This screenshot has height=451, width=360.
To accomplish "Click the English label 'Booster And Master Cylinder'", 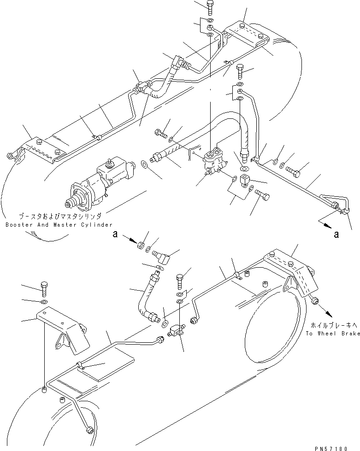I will pyautogui.click(x=59, y=224).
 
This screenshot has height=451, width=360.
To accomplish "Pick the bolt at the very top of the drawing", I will pyautogui.click(x=210, y=7).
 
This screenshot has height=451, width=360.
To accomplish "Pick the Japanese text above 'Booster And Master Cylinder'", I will pyautogui.click(x=59, y=216).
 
